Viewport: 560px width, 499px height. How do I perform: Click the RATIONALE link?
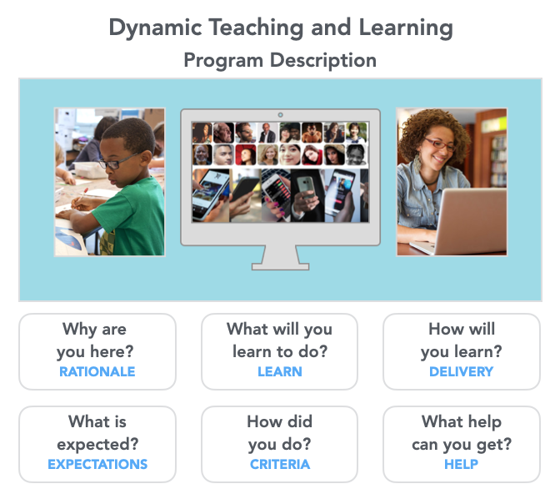point(97,371)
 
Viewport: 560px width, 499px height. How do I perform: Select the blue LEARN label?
point(280,371)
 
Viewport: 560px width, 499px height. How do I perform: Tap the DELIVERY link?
point(461,371)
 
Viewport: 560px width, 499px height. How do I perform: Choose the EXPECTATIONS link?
point(97,464)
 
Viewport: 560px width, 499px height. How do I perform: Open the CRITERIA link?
point(280,464)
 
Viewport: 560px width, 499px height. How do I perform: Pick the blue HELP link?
point(461,464)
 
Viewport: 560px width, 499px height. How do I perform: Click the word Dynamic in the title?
point(155,28)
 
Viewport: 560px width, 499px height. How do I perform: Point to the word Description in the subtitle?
point(323,60)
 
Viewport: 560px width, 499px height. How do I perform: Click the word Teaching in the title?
point(256,28)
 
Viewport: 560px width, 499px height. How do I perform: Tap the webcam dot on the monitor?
point(280,115)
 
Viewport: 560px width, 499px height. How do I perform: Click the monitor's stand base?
point(280,266)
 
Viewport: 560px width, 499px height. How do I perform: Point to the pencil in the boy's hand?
point(82,196)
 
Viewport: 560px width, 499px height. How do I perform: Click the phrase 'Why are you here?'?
point(95,340)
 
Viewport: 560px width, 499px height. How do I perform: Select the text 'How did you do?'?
point(280,433)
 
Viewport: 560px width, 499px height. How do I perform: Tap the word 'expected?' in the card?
point(97,445)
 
